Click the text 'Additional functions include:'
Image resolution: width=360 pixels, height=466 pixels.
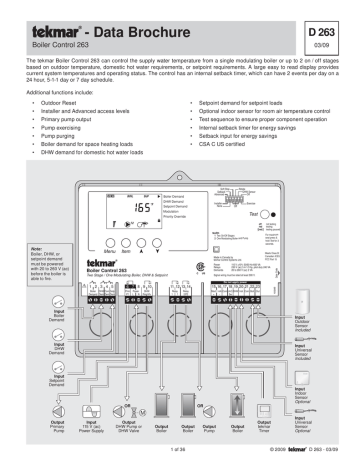click(65, 89)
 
